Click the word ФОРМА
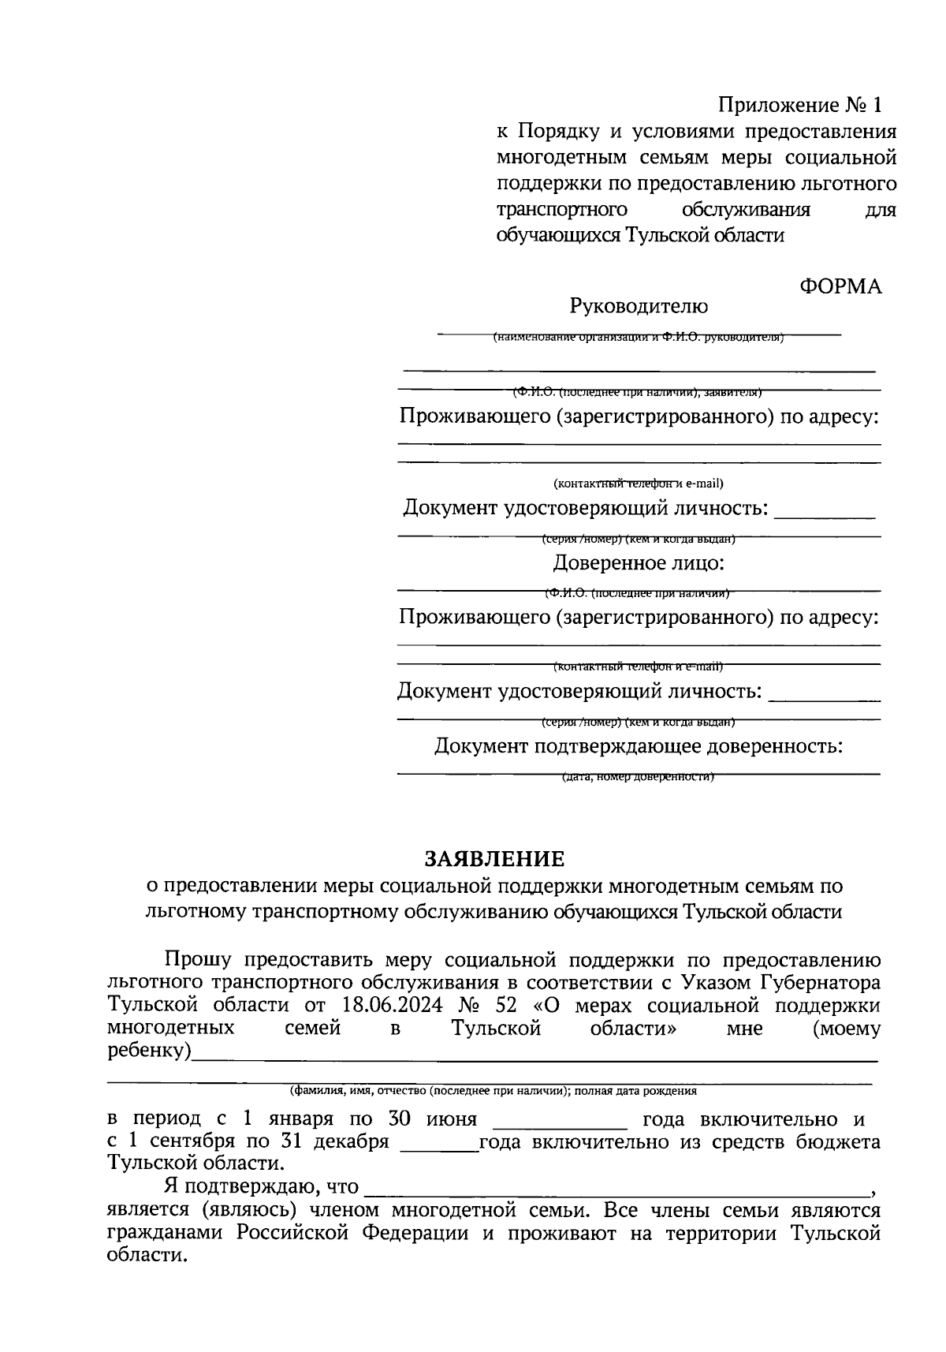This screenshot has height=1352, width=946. (840, 286)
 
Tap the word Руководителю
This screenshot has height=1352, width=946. (639, 306)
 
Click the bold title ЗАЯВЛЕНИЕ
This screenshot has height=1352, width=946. (495, 858)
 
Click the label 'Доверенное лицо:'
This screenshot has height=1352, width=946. (639, 563)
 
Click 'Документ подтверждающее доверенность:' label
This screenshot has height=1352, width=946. (639, 745)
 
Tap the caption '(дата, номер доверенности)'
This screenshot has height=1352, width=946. (639, 777)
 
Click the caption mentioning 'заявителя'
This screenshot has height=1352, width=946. (639, 391)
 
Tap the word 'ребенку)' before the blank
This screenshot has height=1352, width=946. (149, 1052)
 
